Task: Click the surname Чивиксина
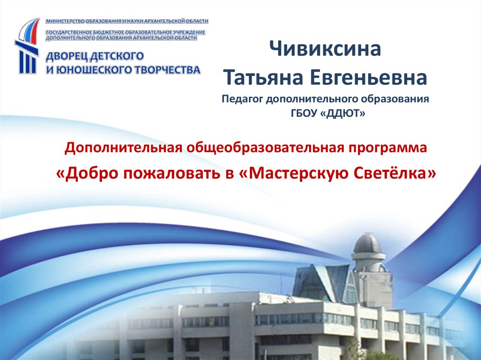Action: click(x=325, y=49)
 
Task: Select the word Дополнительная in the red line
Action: click(x=123, y=148)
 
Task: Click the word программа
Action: click(x=388, y=148)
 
